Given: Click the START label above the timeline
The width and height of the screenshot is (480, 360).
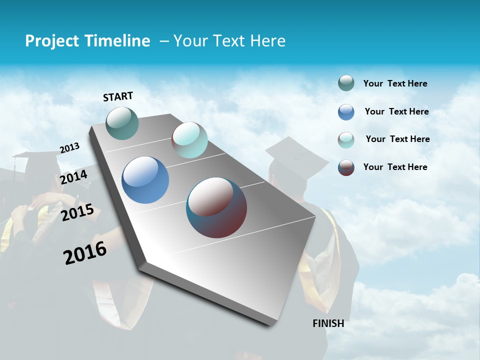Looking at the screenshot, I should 118,96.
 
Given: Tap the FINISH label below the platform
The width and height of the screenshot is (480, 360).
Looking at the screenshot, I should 328,323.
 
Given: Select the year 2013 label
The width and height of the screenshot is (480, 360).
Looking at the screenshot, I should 69,148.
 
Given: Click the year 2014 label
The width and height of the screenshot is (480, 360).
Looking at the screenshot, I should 73,177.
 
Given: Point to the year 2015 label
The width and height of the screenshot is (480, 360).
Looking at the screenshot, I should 77,212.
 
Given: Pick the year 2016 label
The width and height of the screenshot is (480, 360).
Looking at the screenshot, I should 85,253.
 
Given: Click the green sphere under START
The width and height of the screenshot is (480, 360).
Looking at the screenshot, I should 122,123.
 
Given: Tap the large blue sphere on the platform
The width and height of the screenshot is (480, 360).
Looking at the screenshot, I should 145,180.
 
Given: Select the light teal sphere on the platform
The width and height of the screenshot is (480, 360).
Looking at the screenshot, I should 189,140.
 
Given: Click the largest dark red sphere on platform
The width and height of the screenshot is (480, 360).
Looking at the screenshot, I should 216,207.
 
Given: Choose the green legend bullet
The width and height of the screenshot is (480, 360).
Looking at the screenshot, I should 346,83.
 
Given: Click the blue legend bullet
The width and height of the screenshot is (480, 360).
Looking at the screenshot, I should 346,112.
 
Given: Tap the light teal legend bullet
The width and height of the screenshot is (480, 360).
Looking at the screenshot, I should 346,140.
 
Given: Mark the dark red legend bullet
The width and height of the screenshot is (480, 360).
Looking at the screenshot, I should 346,167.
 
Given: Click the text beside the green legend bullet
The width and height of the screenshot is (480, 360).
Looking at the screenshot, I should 395,84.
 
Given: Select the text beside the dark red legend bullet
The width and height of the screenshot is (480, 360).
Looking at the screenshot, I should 395,167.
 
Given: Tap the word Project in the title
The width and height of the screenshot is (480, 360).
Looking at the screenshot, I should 48,41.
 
